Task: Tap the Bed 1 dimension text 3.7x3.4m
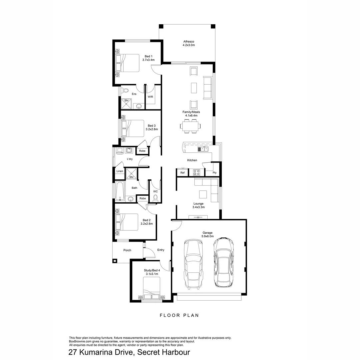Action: pos(148,60)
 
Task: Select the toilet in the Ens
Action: pos(125,90)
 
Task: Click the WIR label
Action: pos(150,96)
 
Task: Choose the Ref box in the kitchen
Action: pos(182,173)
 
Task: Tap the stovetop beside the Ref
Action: pos(196,172)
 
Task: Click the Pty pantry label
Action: pos(214,173)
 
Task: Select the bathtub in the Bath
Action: pos(119,191)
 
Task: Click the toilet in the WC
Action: pos(155,198)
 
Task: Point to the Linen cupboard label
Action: pos(119,171)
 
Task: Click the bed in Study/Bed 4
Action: pos(152,289)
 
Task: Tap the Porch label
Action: pos(127,250)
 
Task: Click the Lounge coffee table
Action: pos(203,194)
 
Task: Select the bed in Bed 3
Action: pos(132,128)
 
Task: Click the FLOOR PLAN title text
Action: pos(179,315)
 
